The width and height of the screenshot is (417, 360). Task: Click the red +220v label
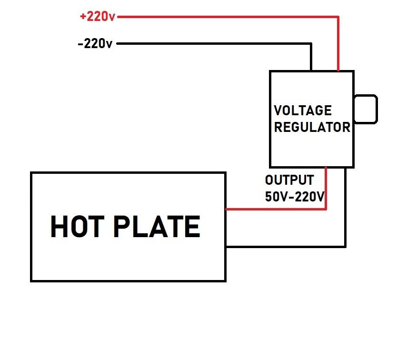point(98,17)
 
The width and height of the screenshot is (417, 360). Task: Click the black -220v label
point(95,44)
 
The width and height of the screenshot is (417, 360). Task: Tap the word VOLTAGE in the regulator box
point(303,110)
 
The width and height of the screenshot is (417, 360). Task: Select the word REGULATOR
point(312,128)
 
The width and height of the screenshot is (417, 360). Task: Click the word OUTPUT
point(289,180)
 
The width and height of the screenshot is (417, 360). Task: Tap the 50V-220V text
point(295,197)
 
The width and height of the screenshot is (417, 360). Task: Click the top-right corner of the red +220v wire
point(338,17)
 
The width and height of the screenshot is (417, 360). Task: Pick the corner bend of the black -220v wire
point(311,44)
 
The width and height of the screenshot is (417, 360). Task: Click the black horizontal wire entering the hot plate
point(286,246)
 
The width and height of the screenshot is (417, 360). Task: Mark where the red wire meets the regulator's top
point(338,71)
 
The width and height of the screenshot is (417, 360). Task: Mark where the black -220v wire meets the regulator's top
point(311,71)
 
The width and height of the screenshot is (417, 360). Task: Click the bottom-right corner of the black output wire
point(345,246)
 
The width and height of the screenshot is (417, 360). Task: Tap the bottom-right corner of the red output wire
point(326,209)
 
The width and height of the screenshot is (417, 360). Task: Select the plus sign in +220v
point(83,17)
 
